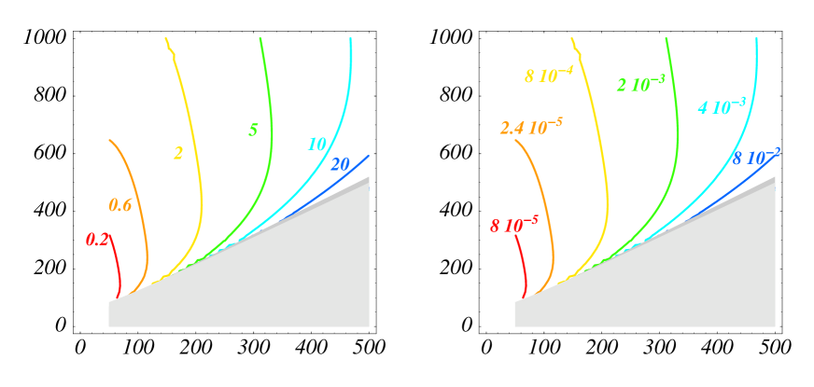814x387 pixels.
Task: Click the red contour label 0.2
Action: pos(97,240)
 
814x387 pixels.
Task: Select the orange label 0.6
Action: pos(119,205)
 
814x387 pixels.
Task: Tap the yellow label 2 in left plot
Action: pos(177,153)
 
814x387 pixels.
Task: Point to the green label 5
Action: pos(253,130)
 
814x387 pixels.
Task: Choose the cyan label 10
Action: pos(316,144)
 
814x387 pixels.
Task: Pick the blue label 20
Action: pos(340,164)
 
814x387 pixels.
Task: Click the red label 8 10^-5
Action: pos(513,224)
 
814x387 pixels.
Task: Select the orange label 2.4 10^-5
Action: pos(530,128)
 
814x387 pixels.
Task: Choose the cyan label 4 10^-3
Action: pos(721,105)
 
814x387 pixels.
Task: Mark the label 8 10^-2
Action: pos(755,157)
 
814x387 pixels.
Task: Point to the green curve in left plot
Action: pos(270,140)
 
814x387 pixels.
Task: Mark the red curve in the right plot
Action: pos(526,266)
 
